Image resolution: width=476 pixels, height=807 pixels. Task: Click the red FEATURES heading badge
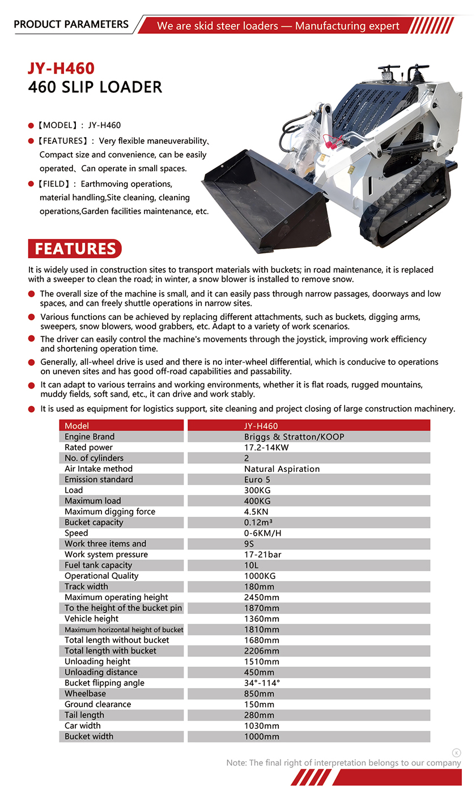(75, 249)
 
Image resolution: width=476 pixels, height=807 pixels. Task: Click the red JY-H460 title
(61, 69)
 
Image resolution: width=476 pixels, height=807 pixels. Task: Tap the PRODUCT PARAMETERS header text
(71, 24)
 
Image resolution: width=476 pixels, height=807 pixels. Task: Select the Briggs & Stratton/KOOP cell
(294, 437)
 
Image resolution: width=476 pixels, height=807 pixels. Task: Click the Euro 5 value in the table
(257, 480)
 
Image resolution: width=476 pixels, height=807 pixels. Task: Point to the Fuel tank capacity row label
(98, 565)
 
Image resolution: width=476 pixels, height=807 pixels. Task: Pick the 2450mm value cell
(262, 597)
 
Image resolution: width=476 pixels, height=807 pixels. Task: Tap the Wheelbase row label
(85, 694)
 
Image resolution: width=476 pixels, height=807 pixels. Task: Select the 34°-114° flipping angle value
(262, 683)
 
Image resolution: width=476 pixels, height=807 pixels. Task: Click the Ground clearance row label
(97, 704)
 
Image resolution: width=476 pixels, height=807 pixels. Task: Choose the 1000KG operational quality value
(261, 576)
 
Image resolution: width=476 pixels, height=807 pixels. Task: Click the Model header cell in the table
(77, 426)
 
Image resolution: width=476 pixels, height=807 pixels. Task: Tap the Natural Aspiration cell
(282, 469)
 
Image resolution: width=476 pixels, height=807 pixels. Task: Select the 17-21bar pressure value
(262, 554)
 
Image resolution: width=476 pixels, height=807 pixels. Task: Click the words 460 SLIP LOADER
(95, 87)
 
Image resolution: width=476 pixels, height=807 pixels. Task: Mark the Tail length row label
(84, 715)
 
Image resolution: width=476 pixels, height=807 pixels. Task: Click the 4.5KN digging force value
(257, 511)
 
